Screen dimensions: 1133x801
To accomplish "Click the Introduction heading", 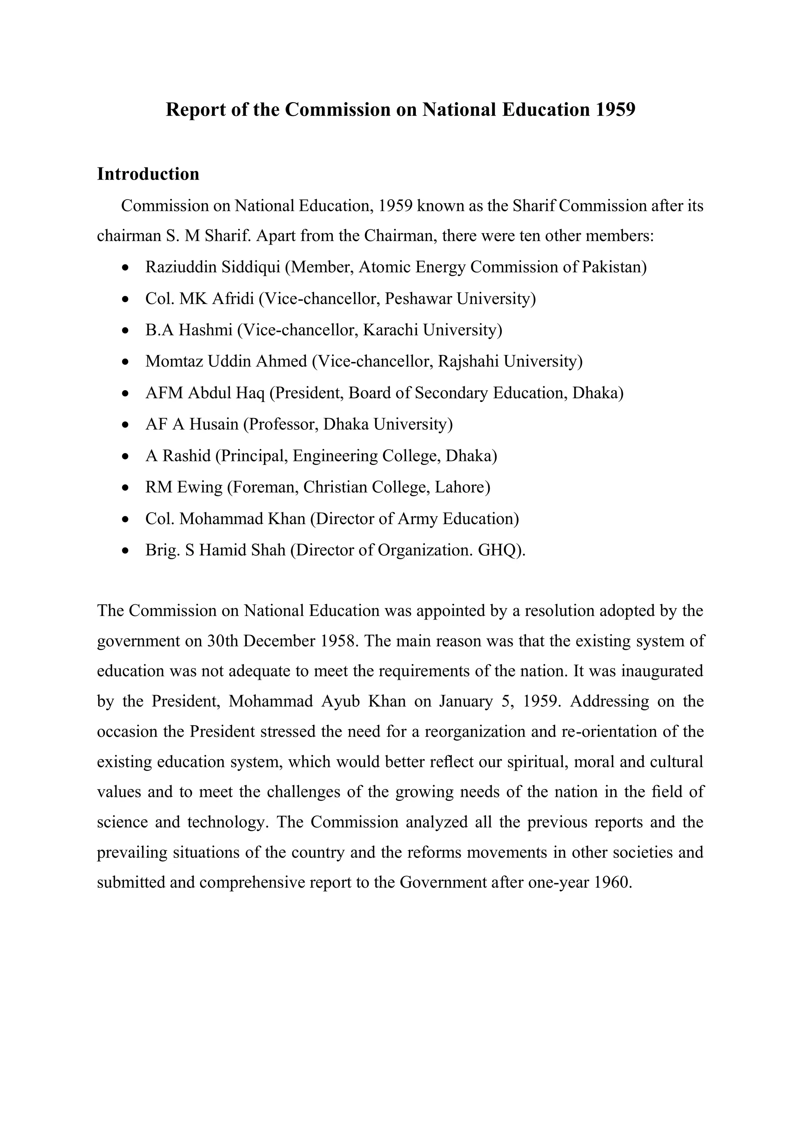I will (148, 174).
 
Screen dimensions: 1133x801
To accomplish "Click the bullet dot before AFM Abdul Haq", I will (126, 394).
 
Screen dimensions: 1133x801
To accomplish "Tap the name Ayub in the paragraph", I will (340, 701).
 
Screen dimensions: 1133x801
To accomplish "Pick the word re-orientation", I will (609, 731).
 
